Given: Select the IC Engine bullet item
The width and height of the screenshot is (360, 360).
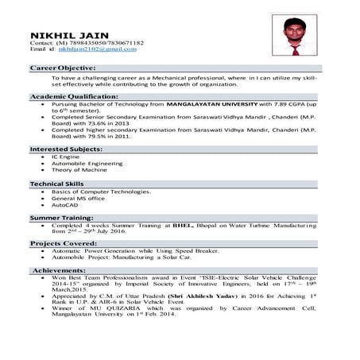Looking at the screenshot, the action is click(x=66, y=157).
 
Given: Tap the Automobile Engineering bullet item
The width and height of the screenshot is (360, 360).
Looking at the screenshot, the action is click(x=87, y=164).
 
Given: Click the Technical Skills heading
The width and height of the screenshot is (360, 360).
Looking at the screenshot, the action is click(x=58, y=184).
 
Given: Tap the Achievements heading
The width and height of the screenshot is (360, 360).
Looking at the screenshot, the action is click(x=59, y=270).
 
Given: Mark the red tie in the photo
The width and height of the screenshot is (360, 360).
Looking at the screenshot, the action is click(x=295, y=49).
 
